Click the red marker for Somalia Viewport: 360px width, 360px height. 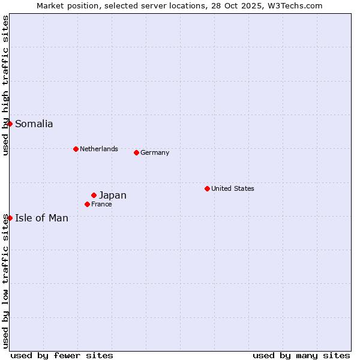click(x=10, y=124)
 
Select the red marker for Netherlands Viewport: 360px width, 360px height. click(x=76, y=149)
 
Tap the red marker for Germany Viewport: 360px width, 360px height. click(x=136, y=152)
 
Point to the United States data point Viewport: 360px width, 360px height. click(x=207, y=188)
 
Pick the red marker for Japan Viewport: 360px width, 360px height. click(x=94, y=195)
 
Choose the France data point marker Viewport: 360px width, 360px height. click(x=87, y=204)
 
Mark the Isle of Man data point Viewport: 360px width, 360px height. click(x=10, y=218)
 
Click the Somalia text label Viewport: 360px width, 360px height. click(x=34, y=124)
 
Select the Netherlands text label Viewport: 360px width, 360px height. click(x=98, y=149)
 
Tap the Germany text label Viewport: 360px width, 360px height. click(x=155, y=152)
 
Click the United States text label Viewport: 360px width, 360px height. click(x=232, y=188)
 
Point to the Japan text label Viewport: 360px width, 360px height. click(x=112, y=195)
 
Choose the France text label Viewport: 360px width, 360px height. click(x=101, y=204)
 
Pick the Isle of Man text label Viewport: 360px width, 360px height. click(x=41, y=218)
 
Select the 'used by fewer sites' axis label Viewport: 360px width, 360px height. click(x=62, y=355)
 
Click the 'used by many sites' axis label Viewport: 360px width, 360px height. click(x=301, y=355)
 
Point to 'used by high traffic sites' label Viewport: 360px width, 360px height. click(x=6, y=85)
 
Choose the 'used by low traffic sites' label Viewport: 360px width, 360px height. click(x=6, y=281)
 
